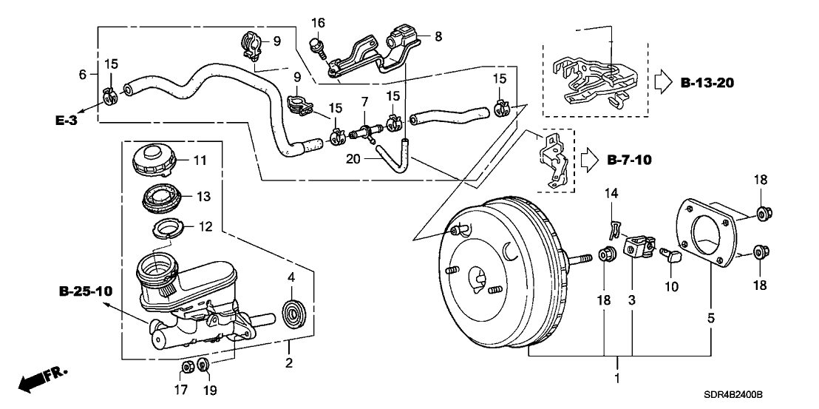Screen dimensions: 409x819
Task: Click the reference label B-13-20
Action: click(x=711, y=82)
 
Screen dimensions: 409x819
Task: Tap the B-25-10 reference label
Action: click(x=86, y=291)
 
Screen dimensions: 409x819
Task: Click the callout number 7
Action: click(x=364, y=100)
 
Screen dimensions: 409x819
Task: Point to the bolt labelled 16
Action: click(x=317, y=46)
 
